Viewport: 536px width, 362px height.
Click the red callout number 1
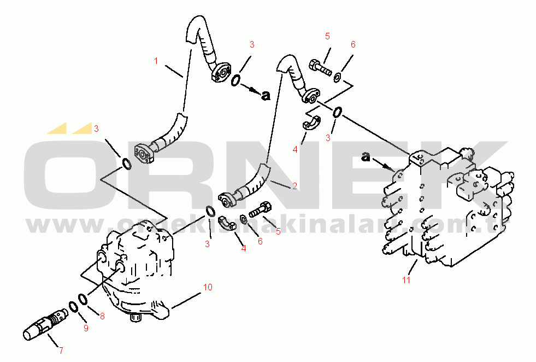[x=156, y=61]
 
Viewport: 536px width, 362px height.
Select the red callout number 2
[x=294, y=186]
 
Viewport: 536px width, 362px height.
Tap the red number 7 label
[x=61, y=351]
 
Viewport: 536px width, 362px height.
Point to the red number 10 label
[x=208, y=288]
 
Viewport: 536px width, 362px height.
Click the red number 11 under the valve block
[x=406, y=280]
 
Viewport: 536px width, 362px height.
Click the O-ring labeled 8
[x=83, y=299]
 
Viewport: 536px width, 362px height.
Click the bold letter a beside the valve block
[x=366, y=157]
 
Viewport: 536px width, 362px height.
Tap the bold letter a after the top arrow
[x=266, y=96]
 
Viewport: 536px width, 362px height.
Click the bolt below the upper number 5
[x=320, y=68]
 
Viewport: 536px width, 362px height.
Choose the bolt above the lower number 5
[x=261, y=209]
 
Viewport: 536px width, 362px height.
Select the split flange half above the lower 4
[x=227, y=222]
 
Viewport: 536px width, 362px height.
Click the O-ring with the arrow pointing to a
[x=235, y=81]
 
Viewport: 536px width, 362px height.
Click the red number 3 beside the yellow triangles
[x=96, y=129]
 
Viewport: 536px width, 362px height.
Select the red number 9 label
[x=86, y=328]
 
